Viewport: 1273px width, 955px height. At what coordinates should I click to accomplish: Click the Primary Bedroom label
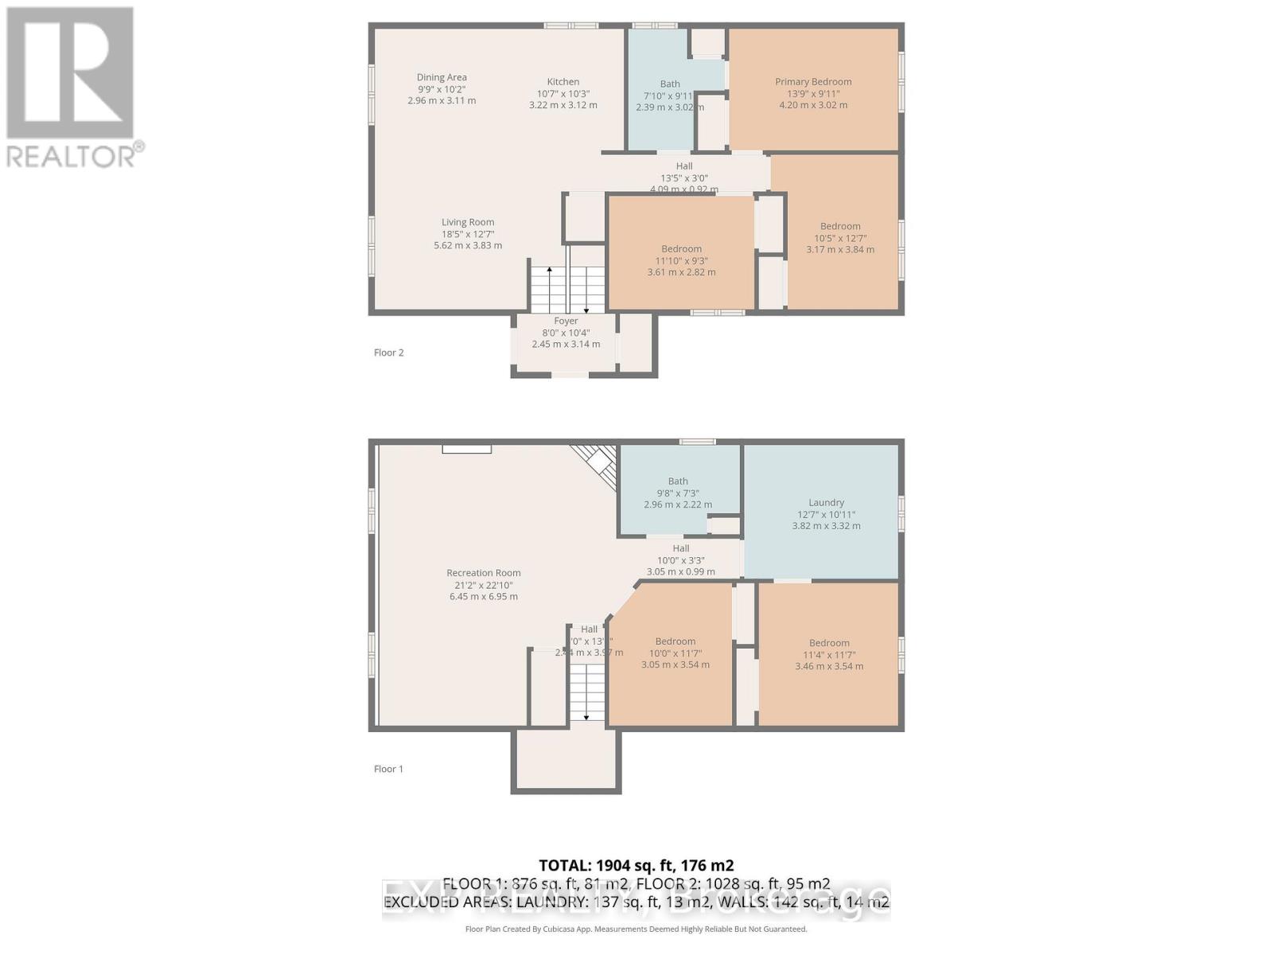[813, 81]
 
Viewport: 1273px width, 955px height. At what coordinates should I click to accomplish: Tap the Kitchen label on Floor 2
[563, 81]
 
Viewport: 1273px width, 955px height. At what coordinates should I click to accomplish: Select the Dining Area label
[442, 77]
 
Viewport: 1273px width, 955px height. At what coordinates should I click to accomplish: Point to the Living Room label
[468, 222]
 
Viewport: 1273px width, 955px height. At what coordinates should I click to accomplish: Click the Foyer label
[566, 321]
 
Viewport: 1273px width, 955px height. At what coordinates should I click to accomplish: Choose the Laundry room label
[826, 502]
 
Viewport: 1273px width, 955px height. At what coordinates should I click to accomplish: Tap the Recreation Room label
[483, 572]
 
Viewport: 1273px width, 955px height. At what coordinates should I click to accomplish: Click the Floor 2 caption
[389, 353]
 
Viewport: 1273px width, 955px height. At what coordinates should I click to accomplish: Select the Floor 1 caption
[389, 769]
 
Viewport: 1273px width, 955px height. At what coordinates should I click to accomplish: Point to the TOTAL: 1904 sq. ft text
[636, 865]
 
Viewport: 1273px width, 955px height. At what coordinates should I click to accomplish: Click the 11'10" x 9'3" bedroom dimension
[681, 260]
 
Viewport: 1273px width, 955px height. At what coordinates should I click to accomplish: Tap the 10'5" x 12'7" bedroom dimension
[840, 237]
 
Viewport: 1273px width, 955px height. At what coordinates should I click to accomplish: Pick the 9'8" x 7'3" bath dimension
[678, 493]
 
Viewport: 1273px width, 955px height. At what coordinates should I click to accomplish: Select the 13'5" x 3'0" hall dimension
[683, 178]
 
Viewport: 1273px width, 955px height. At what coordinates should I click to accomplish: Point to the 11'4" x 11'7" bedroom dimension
[829, 654]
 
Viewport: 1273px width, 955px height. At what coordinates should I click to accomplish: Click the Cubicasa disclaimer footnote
[636, 929]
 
